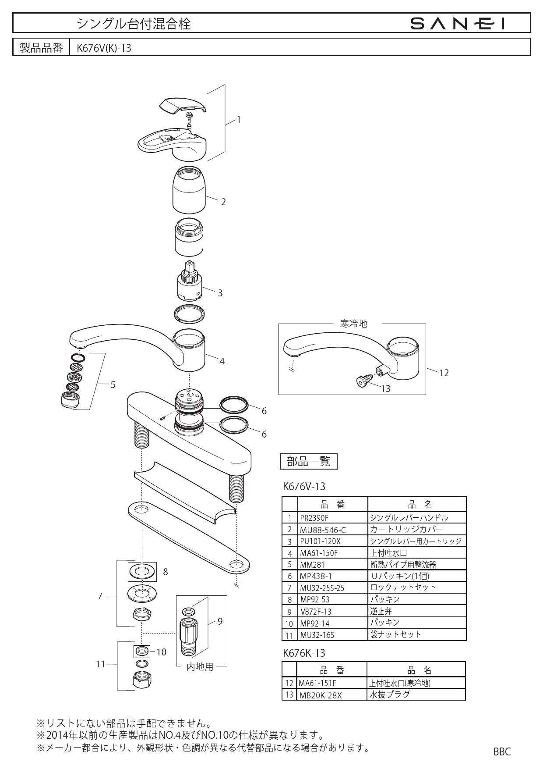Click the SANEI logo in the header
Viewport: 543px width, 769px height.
pyautogui.click(x=458, y=23)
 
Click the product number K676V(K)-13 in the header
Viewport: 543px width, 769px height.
pyautogui.click(x=104, y=48)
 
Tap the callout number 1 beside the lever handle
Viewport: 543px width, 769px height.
pyautogui.click(x=238, y=120)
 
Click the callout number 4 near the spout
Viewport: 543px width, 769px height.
pyautogui.click(x=222, y=361)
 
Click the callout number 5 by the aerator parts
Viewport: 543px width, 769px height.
pyautogui.click(x=113, y=385)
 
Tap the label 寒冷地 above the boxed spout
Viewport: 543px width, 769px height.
pyautogui.click(x=353, y=324)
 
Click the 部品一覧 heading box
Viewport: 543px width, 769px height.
pyautogui.click(x=308, y=461)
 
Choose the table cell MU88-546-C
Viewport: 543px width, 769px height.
pyautogui.click(x=323, y=530)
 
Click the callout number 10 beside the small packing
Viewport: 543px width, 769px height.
pyautogui.click(x=161, y=652)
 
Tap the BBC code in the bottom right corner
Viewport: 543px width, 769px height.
pyautogui.click(x=502, y=751)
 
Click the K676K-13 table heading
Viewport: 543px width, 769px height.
pyautogui.click(x=304, y=653)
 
